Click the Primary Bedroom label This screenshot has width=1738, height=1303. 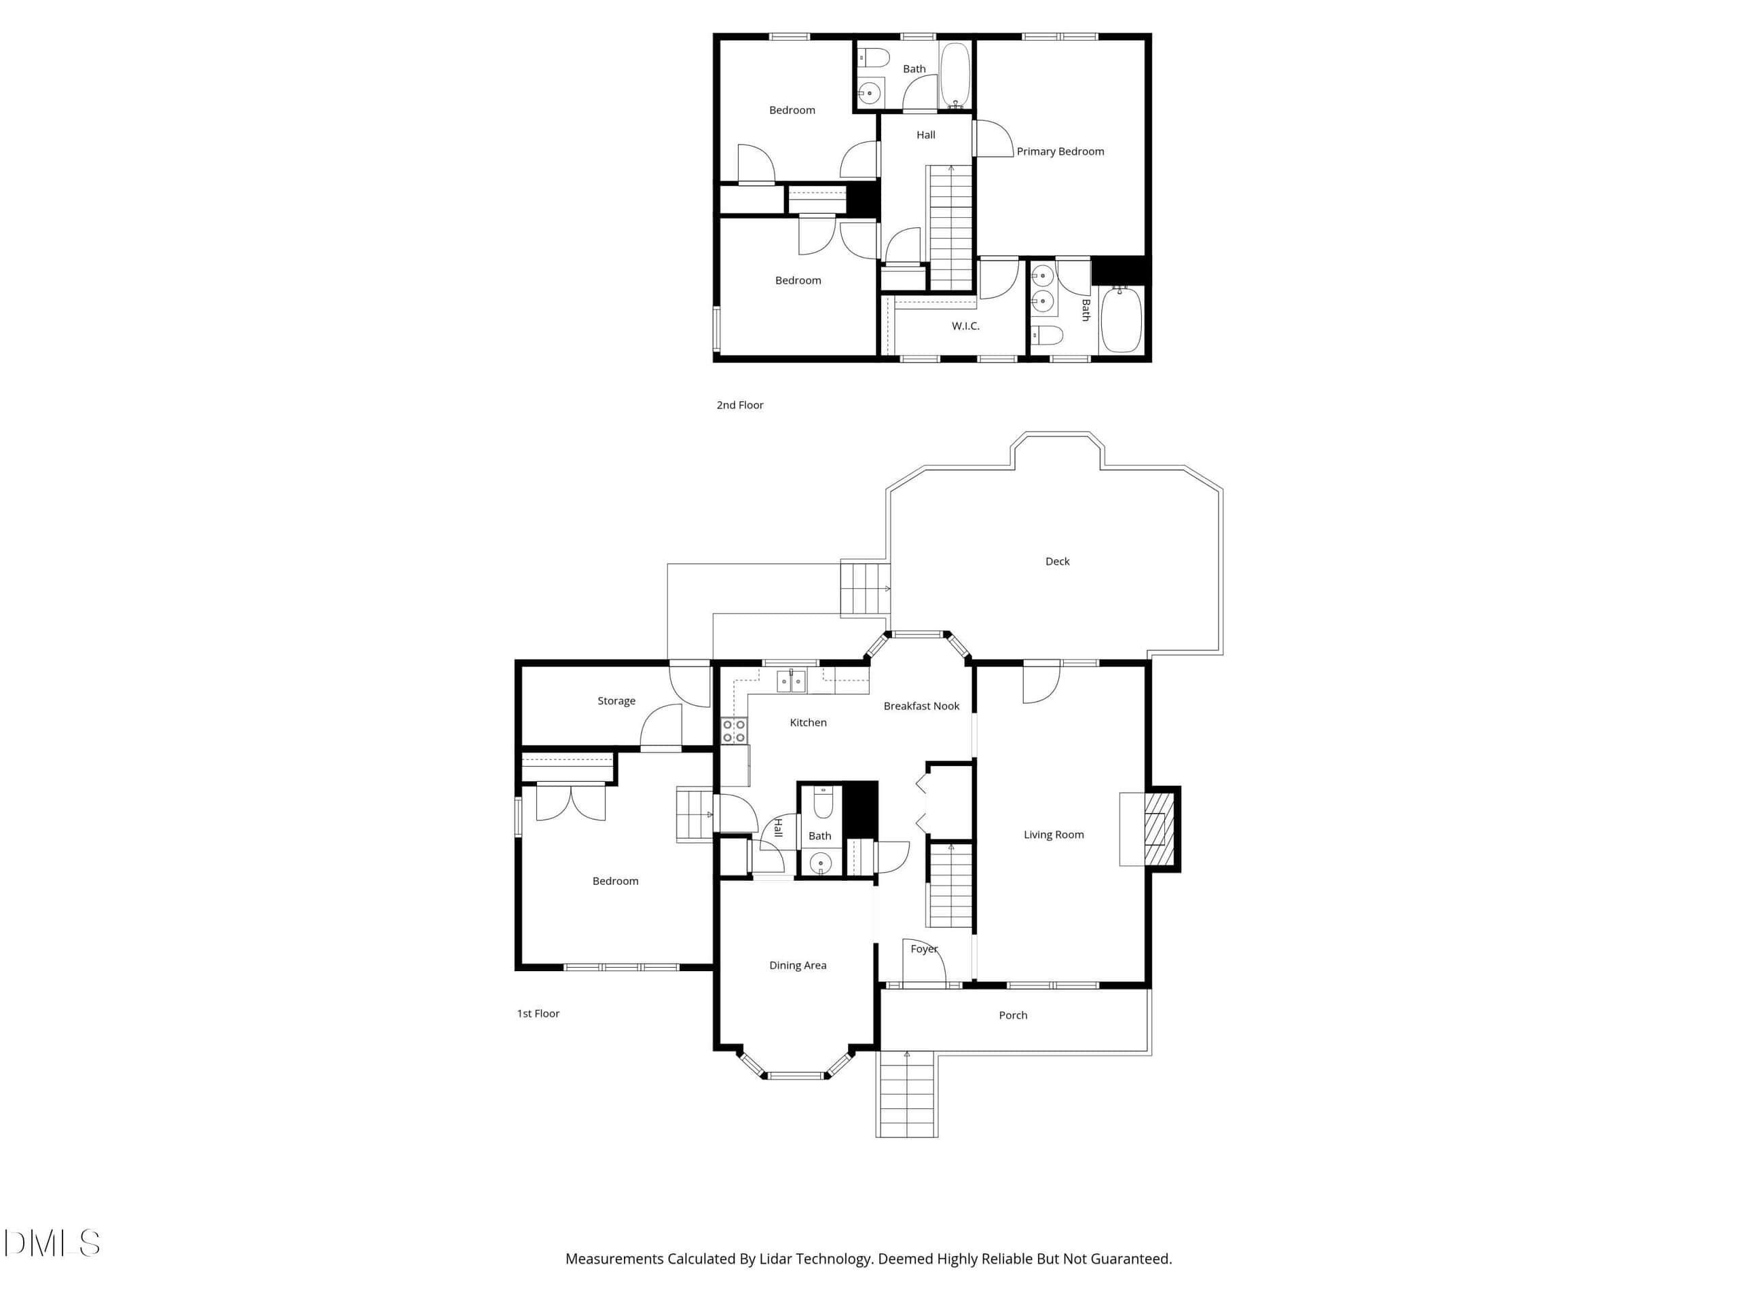[x=1060, y=151]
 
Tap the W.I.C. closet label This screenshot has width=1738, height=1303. [x=965, y=326]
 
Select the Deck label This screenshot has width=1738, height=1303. [x=1058, y=561]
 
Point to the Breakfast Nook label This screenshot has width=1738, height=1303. [x=922, y=706]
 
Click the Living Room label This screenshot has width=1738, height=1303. [x=1054, y=835]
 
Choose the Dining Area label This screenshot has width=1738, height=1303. [x=798, y=965]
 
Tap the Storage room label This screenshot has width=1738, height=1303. [x=616, y=701]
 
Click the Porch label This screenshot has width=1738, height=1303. [x=1013, y=1015]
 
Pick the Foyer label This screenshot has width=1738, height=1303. [x=924, y=949]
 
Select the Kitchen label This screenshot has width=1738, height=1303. [x=808, y=723]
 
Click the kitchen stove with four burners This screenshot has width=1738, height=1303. [x=734, y=730]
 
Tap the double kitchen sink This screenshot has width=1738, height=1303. [x=791, y=682]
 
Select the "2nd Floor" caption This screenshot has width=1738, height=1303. [x=739, y=405]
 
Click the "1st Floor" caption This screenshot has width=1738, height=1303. [x=538, y=1014]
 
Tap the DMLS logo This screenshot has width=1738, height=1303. [x=52, y=1243]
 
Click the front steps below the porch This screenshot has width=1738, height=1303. [x=907, y=1094]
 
